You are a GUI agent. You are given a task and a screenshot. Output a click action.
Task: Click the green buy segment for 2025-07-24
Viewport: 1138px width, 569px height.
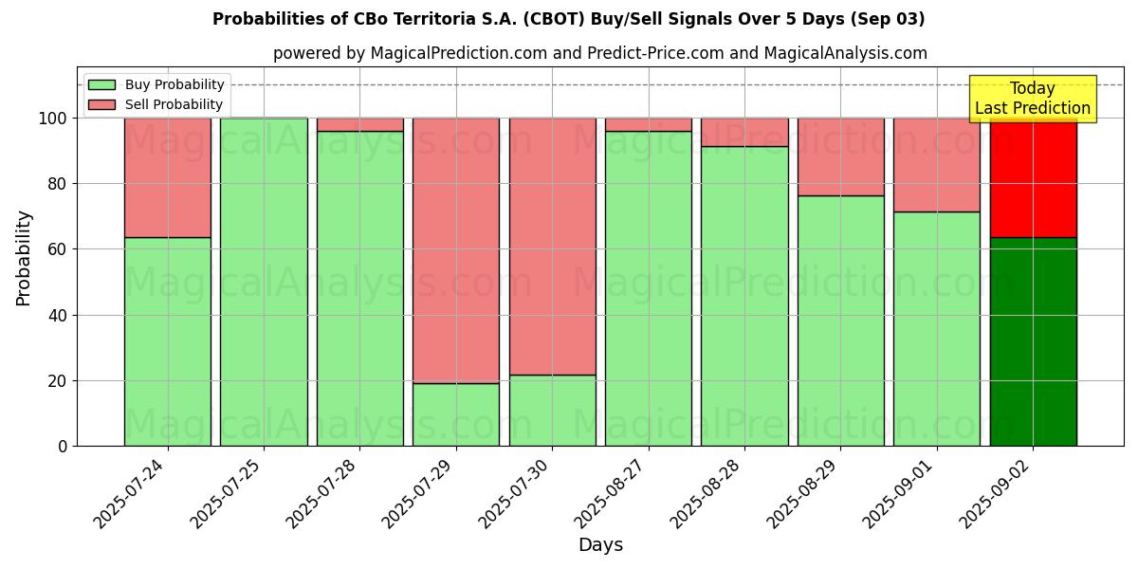168,341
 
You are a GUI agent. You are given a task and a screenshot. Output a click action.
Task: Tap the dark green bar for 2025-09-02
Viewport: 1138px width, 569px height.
1033,341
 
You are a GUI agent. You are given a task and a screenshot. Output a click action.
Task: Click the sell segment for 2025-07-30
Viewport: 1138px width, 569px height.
552,247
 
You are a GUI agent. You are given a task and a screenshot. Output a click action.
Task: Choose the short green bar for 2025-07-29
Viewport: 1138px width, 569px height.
456,414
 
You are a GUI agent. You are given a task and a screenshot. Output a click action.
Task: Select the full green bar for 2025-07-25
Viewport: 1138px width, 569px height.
264,282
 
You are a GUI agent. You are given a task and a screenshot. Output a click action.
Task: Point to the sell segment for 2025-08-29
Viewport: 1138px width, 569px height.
840,156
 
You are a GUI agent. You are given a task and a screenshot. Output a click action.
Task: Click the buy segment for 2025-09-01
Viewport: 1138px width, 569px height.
937,328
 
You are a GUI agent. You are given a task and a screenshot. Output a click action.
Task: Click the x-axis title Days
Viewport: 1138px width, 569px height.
600,545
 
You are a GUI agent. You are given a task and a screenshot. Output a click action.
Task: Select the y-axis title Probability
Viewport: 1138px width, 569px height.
24,258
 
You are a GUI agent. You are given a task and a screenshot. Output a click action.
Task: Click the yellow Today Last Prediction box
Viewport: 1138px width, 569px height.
1032,99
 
